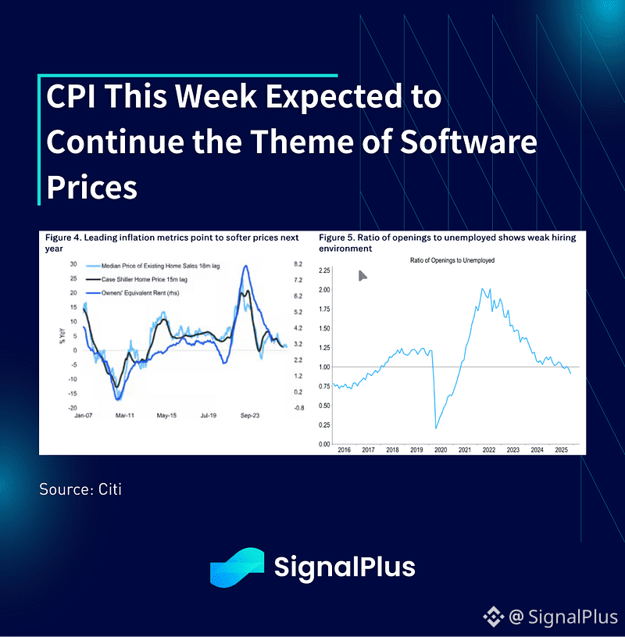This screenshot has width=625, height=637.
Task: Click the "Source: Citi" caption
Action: point(80,489)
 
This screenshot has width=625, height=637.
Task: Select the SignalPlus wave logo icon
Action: point(237,566)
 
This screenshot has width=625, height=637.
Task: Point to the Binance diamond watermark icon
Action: point(494,617)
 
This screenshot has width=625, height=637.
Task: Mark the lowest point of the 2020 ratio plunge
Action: point(435,428)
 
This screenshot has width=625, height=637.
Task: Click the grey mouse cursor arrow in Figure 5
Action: point(362,275)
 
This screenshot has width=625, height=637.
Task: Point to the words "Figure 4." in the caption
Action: point(65,238)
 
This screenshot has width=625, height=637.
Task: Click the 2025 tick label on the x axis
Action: point(561,450)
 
